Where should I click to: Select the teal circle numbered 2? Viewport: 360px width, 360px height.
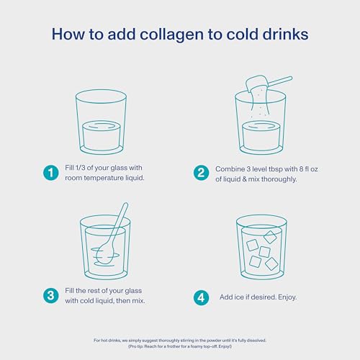(x=201, y=172)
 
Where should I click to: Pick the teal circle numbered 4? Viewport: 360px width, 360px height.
(x=201, y=295)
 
